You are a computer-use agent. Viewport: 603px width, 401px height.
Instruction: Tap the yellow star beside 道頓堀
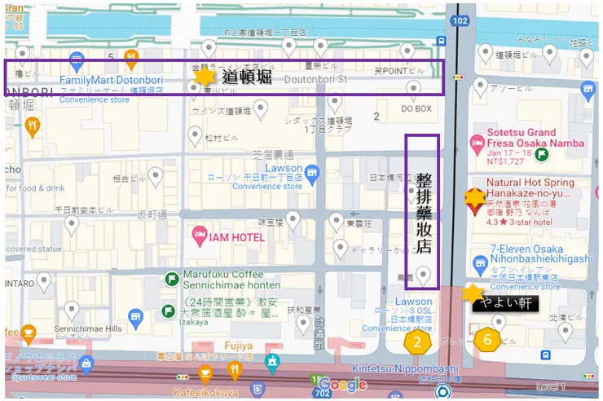[205, 76]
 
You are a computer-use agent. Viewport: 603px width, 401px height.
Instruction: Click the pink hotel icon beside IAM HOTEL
[199, 236]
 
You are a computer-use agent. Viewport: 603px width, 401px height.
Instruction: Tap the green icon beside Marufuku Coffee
[171, 280]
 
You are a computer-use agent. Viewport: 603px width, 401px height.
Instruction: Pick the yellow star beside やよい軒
[473, 293]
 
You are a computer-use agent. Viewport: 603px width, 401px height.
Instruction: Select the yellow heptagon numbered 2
[417, 342]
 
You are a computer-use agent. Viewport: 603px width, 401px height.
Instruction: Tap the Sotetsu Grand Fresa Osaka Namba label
[535, 138]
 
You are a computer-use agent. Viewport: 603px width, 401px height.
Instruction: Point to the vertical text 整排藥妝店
[423, 212]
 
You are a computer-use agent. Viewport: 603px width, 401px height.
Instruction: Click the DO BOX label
[416, 108]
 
